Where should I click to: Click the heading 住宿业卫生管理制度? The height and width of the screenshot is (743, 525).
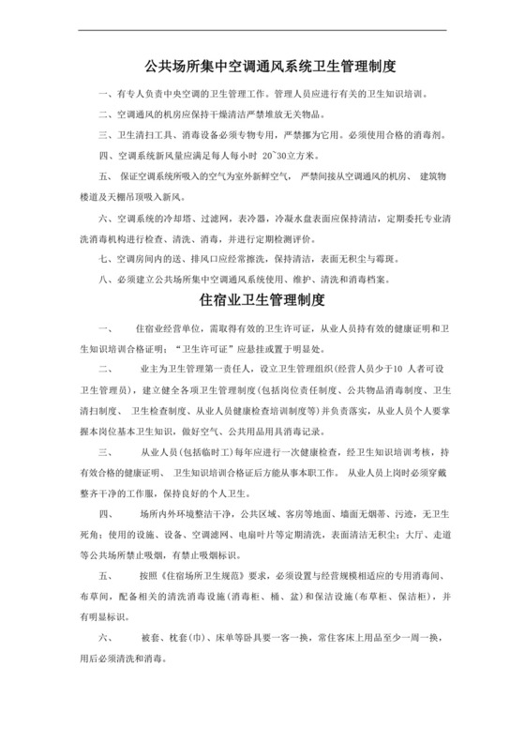tap(262, 300)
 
